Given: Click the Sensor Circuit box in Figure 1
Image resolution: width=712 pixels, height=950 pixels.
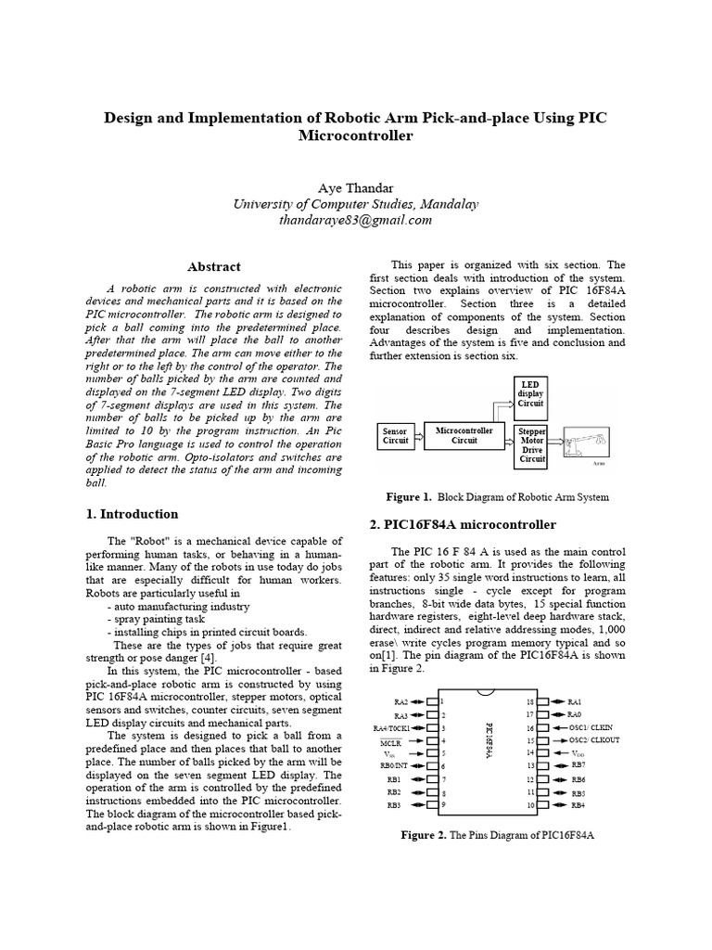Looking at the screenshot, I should pyautogui.click(x=397, y=436).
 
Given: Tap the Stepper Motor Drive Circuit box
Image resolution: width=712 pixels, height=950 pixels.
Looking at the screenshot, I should pyautogui.click(x=532, y=445).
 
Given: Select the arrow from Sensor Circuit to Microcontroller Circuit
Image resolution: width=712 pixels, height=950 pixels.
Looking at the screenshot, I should pyautogui.click(x=418, y=436).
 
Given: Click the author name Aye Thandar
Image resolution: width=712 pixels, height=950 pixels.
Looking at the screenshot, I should pyautogui.click(x=356, y=188).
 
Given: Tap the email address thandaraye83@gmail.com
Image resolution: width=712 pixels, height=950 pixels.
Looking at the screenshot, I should pyautogui.click(x=356, y=221).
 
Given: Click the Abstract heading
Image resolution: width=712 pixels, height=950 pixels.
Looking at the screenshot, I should pyautogui.click(x=215, y=267).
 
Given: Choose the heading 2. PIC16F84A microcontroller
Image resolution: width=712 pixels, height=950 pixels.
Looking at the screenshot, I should pyautogui.click(x=463, y=525).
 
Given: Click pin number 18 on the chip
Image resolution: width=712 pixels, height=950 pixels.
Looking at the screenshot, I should pyautogui.click(x=530, y=702).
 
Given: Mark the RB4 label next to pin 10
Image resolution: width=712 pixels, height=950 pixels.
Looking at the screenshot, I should pyautogui.click(x=578, y=805).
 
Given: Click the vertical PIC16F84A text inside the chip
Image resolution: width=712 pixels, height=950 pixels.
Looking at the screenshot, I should pyautogui.click(x=488, y=743).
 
